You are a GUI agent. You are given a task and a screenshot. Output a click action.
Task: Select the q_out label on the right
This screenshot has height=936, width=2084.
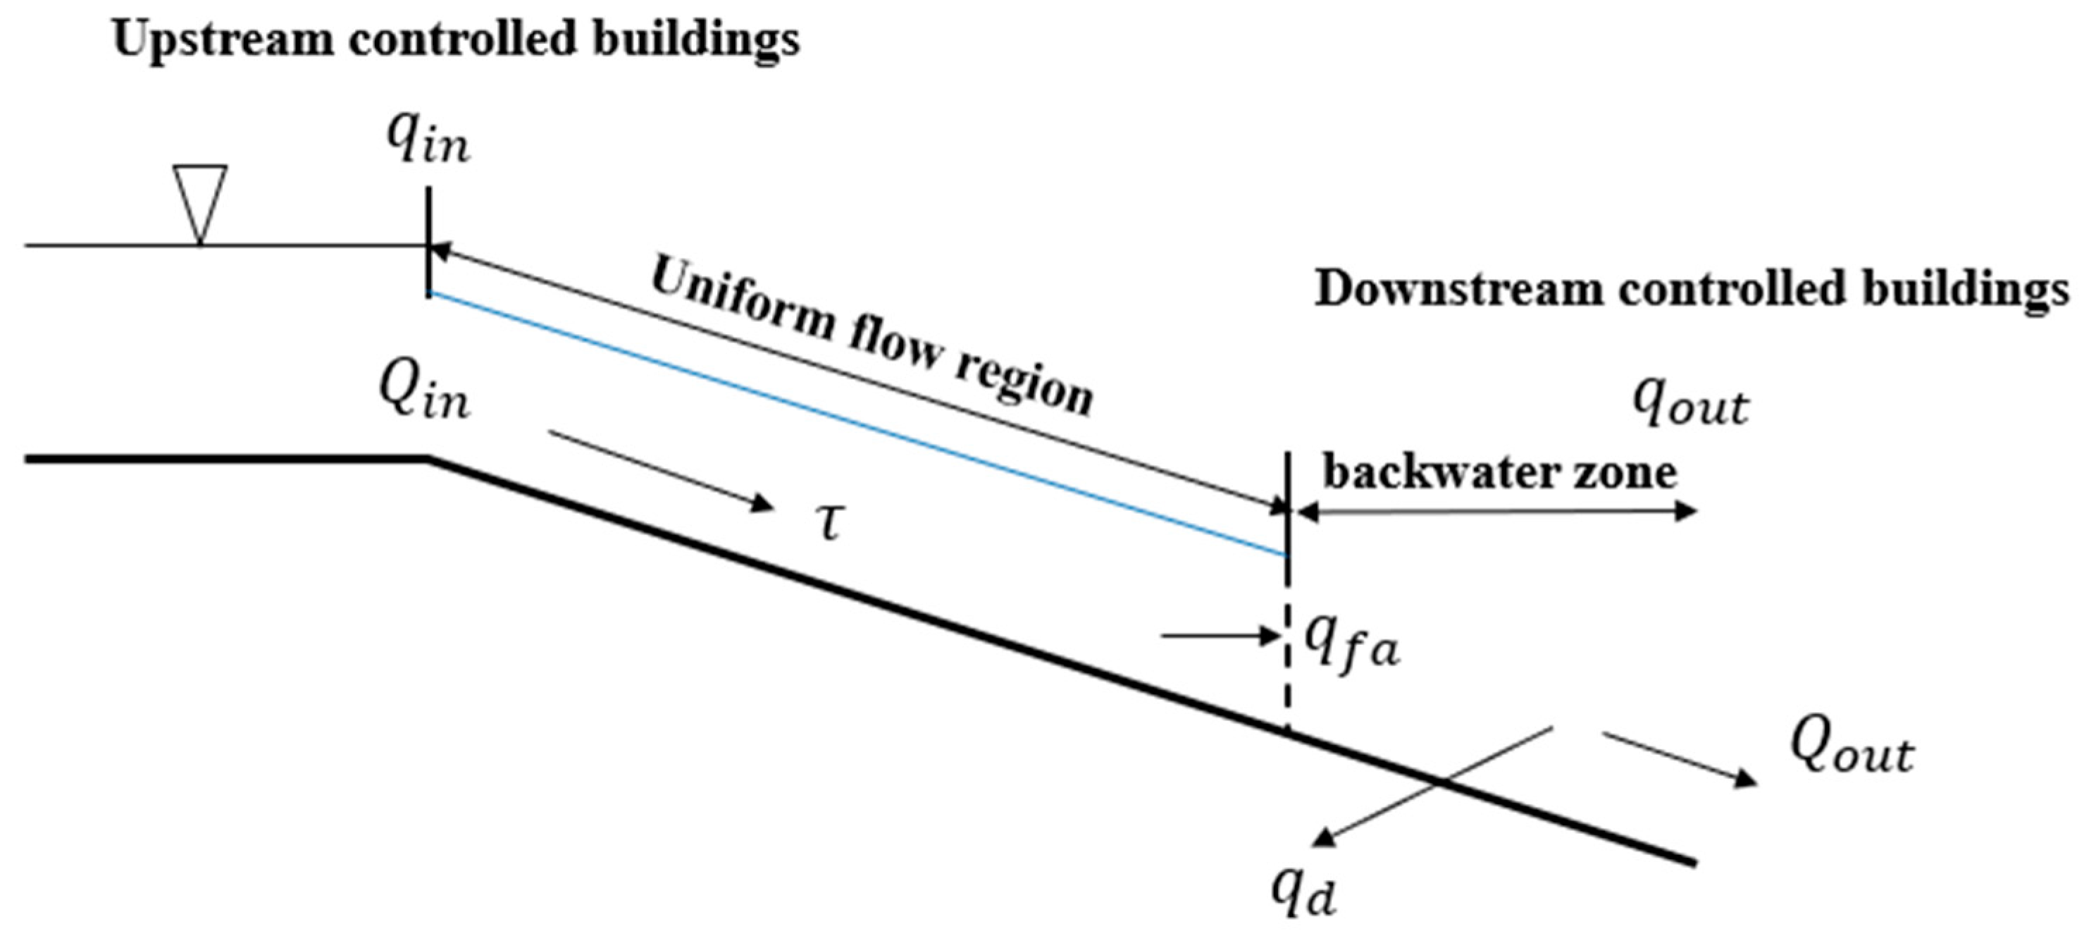click(x=1690, y=405)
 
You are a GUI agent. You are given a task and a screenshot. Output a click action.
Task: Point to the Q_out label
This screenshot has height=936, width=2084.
click(x=1851, y=749)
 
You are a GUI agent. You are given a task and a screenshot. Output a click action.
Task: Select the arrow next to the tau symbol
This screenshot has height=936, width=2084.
click(x=659, y=471)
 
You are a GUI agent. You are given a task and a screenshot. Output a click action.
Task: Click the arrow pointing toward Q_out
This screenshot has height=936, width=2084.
click(x=1679, y=758)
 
